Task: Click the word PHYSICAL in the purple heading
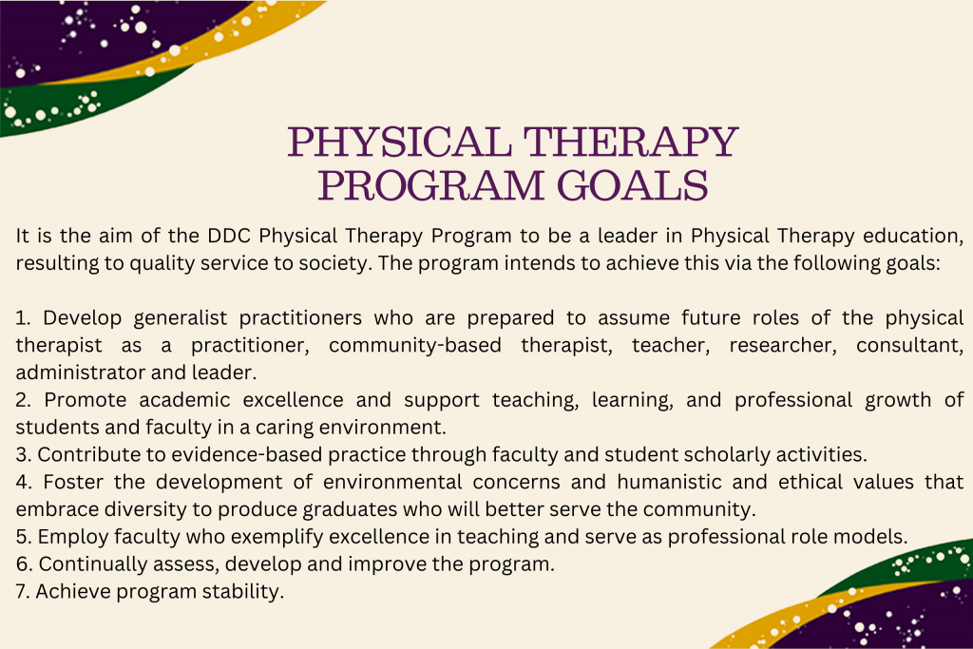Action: coord(400,142)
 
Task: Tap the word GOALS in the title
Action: coord(632,185)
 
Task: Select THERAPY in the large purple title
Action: coord(631,142)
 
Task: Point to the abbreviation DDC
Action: coord(229,236)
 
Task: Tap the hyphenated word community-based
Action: coord(415,345)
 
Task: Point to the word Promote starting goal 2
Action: coord(86,400)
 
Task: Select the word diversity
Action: coord(145,509)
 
